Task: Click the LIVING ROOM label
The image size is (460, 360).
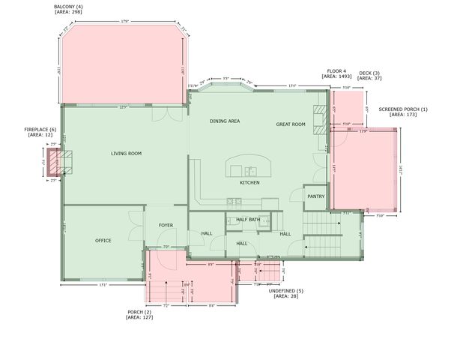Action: click(x=126, y=154)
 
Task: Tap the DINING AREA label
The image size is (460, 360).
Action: click(x=224, y=121)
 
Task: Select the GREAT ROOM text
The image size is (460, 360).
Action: click(x=291, y=124)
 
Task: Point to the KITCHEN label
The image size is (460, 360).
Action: click(x=249, y=183)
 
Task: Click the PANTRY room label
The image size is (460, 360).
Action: click(x=315, y=196)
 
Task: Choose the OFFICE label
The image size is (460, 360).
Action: click(x=103, y=241)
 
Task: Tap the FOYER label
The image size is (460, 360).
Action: click(x=166, y=225)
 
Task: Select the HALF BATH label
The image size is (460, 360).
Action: click(x=248, y=220)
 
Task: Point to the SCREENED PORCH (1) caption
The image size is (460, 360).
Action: click(x=402, y=110)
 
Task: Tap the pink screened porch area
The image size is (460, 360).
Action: click(x=363, y=169)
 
